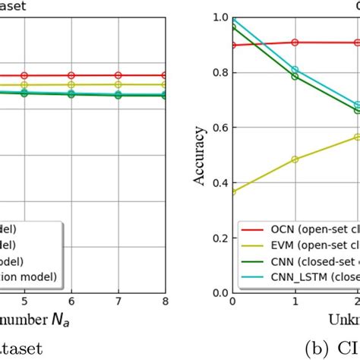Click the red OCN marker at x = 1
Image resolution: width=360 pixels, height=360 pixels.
295,43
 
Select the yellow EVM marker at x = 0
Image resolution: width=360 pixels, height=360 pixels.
232,191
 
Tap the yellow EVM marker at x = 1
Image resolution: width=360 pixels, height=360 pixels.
295,159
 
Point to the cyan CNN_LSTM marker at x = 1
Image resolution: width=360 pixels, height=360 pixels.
295,70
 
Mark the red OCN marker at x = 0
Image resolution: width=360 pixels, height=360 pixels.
232,45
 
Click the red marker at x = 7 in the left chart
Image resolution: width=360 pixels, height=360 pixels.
118,75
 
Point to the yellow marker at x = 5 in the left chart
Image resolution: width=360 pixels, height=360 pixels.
24,85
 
